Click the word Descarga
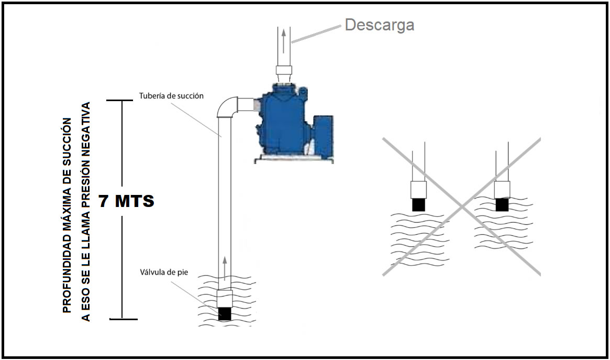pyautogui.click(x=379, y=25)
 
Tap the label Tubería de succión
pyautogui.click(x=171, y=96)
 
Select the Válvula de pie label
pyautogui.click(x=164, y=272)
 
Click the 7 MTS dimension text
pyautogui.click(x=126, y=201)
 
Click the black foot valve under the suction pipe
pyautogui.click(x=225, y=313)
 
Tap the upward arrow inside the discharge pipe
pyautogui.click(x=284, y=39)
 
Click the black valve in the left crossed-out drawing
pyautogui.click(x=418, y=204)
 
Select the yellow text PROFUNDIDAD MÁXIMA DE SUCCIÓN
pyautogui.click(x=66, y=215)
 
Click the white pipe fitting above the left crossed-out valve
pyautogui.click(x=418, y=189)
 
